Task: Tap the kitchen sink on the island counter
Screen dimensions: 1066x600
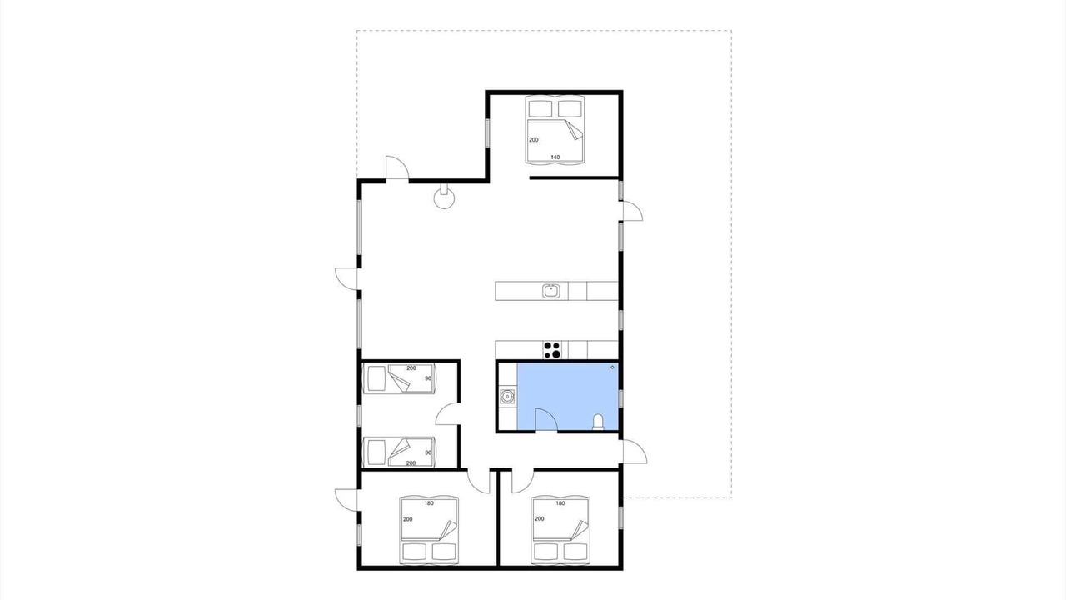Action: pyautogui.click(x=551, y=291)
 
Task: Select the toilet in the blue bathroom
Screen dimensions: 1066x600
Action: pyautogui.click(x=598, y=422)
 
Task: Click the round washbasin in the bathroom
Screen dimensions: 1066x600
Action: pyautogui.click(x=507, y=396)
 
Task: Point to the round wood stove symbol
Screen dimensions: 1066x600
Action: pyautogui.click(x=445, y=197)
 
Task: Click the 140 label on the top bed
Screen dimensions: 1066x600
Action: pyautogui.click(x=555, y=157)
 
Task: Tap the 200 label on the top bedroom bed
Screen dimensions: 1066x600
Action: pyautogui.click(x=534, y=139)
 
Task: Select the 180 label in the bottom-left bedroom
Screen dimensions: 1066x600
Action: pyautogui.click(x=429, y=503)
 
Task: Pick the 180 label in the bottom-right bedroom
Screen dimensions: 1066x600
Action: pyautogui.click(x=560, y=503)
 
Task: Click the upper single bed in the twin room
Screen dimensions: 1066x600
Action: pyautogui.click(x=399, y=378)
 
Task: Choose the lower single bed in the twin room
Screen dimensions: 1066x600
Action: pyautogui.click(x=399, y=452)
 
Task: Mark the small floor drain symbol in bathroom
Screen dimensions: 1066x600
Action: pyautogui.click(x=612, y=367)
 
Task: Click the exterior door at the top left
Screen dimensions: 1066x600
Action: pyautogui.click(x=397, y=167)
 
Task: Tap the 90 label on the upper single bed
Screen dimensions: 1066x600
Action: pyautogui.click(x=428, y=378)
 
